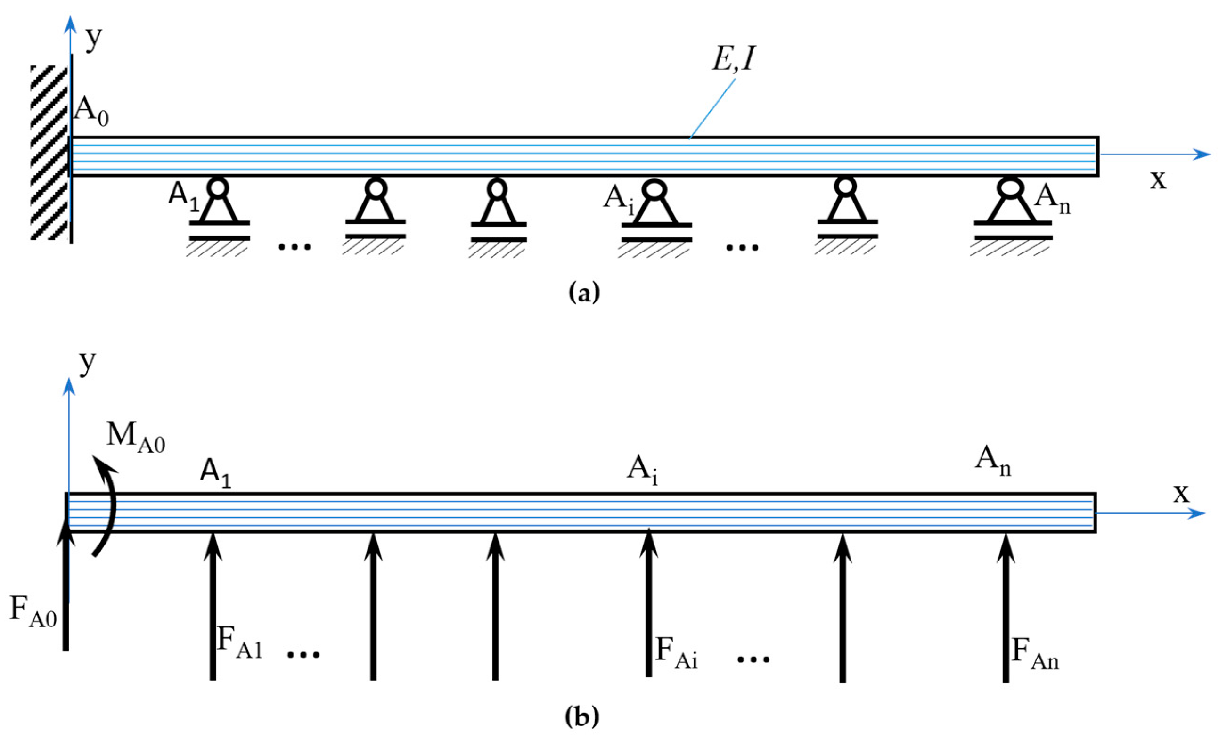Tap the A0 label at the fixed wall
[90, 113]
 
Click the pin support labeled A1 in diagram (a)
[219, 209]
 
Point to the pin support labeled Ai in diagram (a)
[656, 209]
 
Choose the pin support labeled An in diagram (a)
[1012, 209]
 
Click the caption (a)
[584, 292]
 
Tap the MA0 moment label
[135, 436]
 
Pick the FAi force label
[676, 652]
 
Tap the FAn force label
[1035, 653]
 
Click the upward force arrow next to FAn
[1006, 607]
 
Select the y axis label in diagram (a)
[94, 38]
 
